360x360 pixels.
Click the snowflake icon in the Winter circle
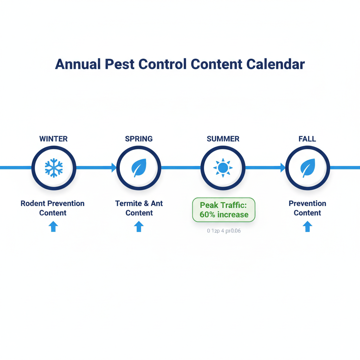54,168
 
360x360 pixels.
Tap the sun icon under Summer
223,168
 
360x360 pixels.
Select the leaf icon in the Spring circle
139,168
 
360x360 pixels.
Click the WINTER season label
53,139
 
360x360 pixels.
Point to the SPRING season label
139,139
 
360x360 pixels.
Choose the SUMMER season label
223,139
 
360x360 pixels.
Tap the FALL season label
307,139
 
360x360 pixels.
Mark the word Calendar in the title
275,64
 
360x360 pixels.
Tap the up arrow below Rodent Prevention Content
53,226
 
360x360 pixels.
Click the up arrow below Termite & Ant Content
139,226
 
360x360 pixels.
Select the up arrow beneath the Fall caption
307,226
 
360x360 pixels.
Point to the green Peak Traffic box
224,210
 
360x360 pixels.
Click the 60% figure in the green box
207,215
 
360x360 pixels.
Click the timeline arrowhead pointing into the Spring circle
114,168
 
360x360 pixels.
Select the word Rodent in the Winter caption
33,204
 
